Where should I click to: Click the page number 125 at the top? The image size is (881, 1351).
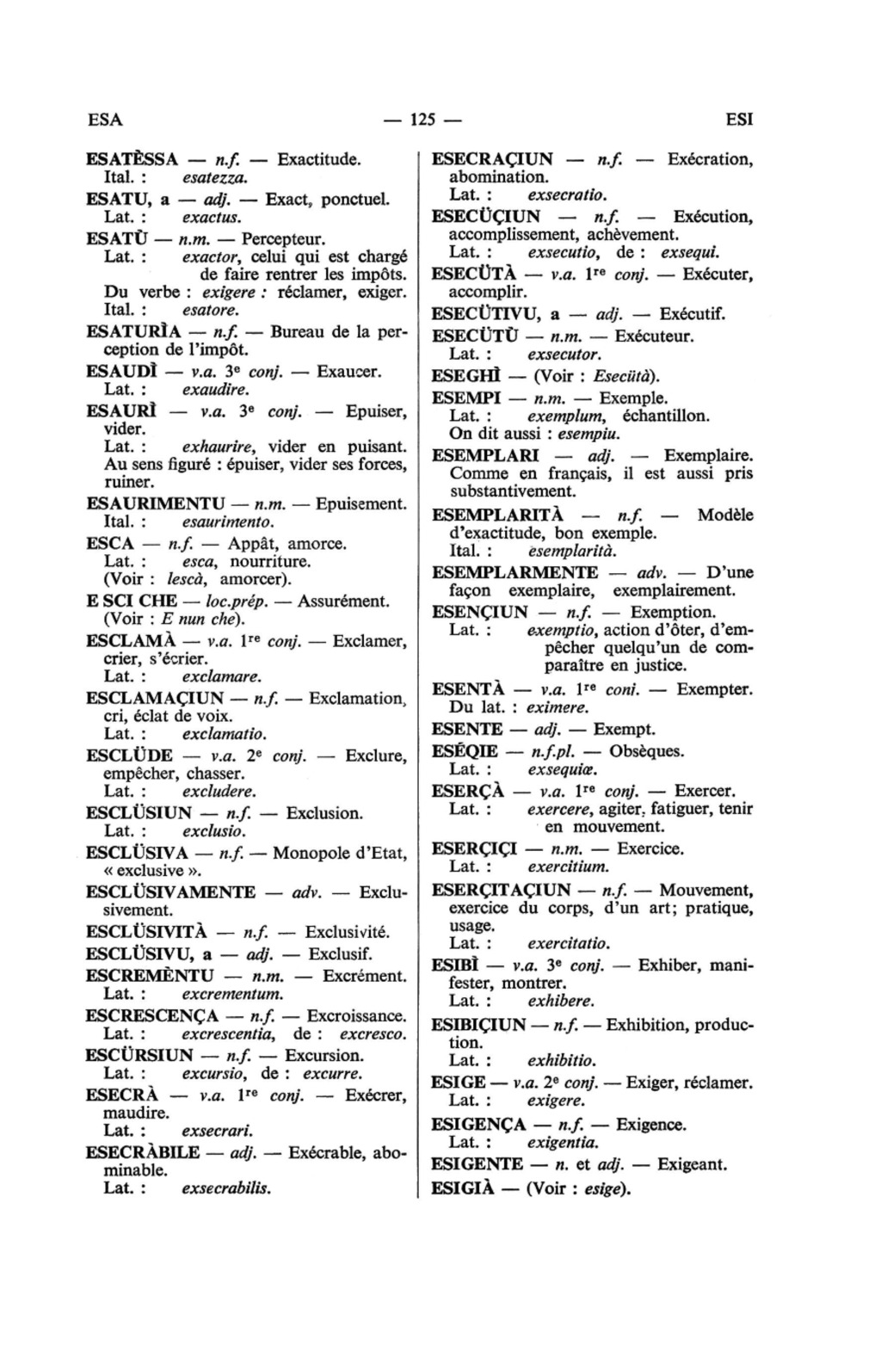[x=422, y=120]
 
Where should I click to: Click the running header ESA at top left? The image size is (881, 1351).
[x=106, y=120]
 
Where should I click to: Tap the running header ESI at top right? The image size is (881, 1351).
[x=739, y=120]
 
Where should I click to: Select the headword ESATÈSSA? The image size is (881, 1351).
[x=132, y=159]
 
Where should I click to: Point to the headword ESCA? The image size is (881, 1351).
[x=111, y=544]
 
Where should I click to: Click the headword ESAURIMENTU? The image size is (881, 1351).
[x=156, y=503]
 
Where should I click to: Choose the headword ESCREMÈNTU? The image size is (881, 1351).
[x=151, y=976]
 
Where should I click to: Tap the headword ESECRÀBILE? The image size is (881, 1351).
[x=143, y=1152]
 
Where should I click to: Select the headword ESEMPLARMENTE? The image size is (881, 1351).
[x=514, y=572]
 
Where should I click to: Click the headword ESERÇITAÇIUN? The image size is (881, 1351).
[x=501, y=890]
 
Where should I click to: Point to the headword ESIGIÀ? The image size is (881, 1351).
[x=465, y=1190]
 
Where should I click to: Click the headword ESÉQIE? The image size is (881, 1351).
[x=465, y=751]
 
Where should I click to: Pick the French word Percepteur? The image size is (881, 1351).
[x=281, y=237]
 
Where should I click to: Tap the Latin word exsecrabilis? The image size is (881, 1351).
[x=226, y=1189]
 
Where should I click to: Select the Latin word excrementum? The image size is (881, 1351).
[x=232, y=995]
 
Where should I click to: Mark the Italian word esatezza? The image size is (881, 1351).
[x=215, y=178]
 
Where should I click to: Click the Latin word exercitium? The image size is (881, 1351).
[x=568, y=867]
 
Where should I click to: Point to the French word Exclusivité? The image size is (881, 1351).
[x=348, y=932]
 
